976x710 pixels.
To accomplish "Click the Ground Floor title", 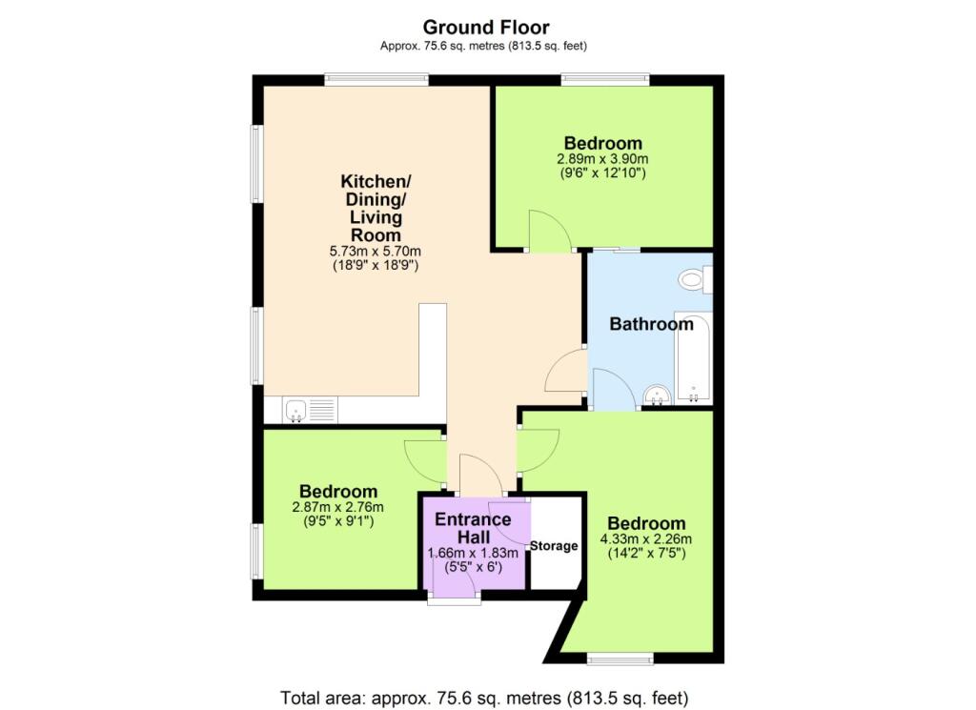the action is (x=486, y=28).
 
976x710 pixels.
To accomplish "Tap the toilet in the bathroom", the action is (x=695, y=279).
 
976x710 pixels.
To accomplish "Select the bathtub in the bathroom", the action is (x=693, y=358).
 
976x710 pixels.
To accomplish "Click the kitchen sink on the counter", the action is (x=295, y=411).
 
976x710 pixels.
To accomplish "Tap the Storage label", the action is (x=554, y=546).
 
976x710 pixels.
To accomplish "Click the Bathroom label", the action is (x=651, y=324).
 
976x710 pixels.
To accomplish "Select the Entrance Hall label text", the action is (x=473, y=528).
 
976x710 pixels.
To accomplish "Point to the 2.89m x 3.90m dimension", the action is (x=602, y=158).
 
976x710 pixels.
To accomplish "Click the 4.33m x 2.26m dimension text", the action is (x=646, y=538).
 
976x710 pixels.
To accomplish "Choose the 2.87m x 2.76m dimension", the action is (x=338, y=506).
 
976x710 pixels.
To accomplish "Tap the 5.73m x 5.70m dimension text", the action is (x=376, y=252).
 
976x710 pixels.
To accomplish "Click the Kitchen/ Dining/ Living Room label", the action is (x=376, y=208).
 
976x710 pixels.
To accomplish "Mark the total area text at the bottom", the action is (x=484, y=698).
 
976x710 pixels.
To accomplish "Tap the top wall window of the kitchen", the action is (x=376, y=80).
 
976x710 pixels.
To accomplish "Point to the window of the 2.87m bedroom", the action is (x=257, y=552).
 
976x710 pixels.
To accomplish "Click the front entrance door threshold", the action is (x=454, y=599).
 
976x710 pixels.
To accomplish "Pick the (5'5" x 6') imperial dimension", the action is (x=473, y=567).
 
